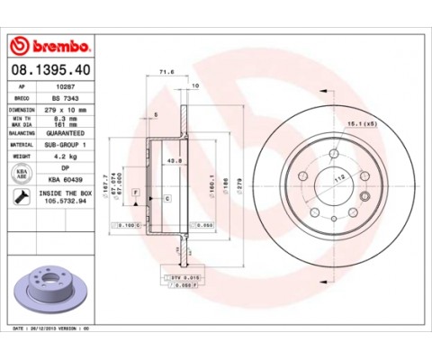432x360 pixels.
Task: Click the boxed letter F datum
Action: click(135, 193)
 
